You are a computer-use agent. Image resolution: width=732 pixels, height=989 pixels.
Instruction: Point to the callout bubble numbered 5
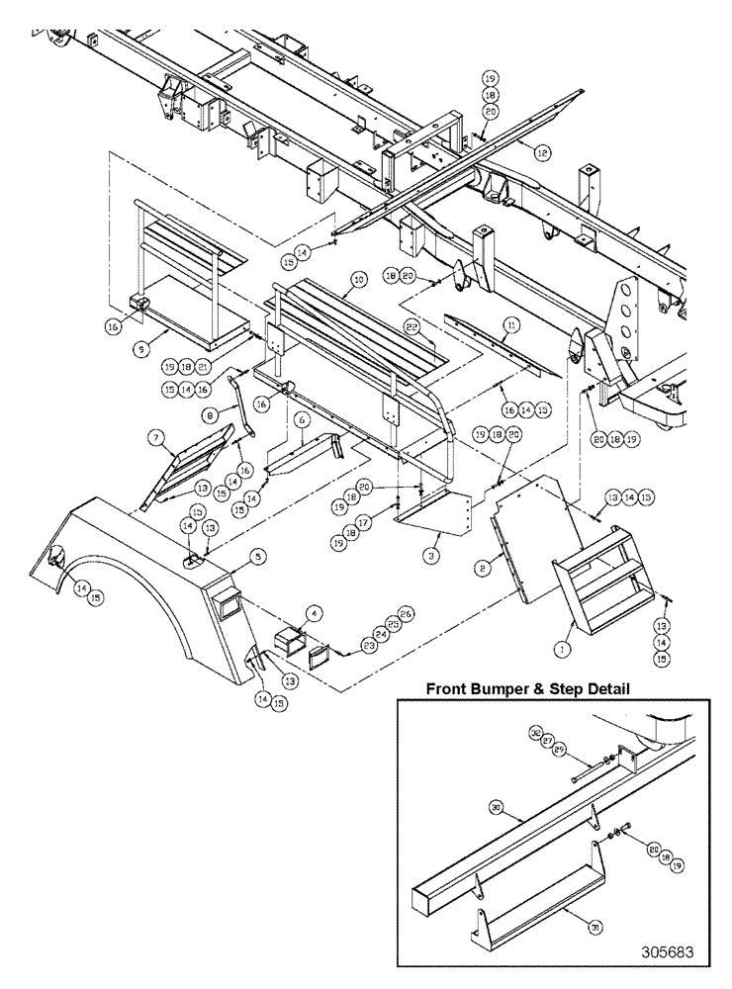click(x=257, y=560)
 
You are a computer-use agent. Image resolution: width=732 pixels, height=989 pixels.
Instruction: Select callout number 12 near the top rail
click(x=542, y=152)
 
